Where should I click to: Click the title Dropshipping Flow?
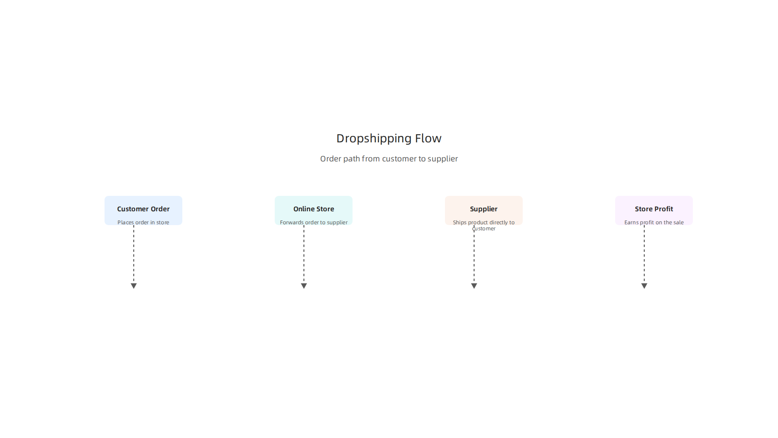(389, 138)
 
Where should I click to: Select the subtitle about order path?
(389, 159)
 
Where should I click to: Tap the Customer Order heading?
(143, 209)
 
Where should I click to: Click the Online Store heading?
(314, 209)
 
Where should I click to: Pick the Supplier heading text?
(484, 209)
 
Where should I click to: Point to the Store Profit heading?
(654, 209)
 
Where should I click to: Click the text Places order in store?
(143, 222)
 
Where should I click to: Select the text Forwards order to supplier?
(314, 222)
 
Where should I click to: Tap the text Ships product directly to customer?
(484, 225)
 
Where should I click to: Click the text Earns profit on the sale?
(654, 222)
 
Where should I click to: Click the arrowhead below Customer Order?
(134, 286)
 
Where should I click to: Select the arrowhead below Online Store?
(304, 286)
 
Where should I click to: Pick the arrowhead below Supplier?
(474, 286)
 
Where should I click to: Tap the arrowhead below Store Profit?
(644, 286)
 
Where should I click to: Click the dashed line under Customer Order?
(134, 254)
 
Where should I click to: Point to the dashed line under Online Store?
(304, 254)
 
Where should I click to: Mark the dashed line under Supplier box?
(474, 254)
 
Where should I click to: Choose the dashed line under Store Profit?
(644, 254)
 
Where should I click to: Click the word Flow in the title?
(428, 138)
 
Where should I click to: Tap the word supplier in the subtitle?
(443, 159)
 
